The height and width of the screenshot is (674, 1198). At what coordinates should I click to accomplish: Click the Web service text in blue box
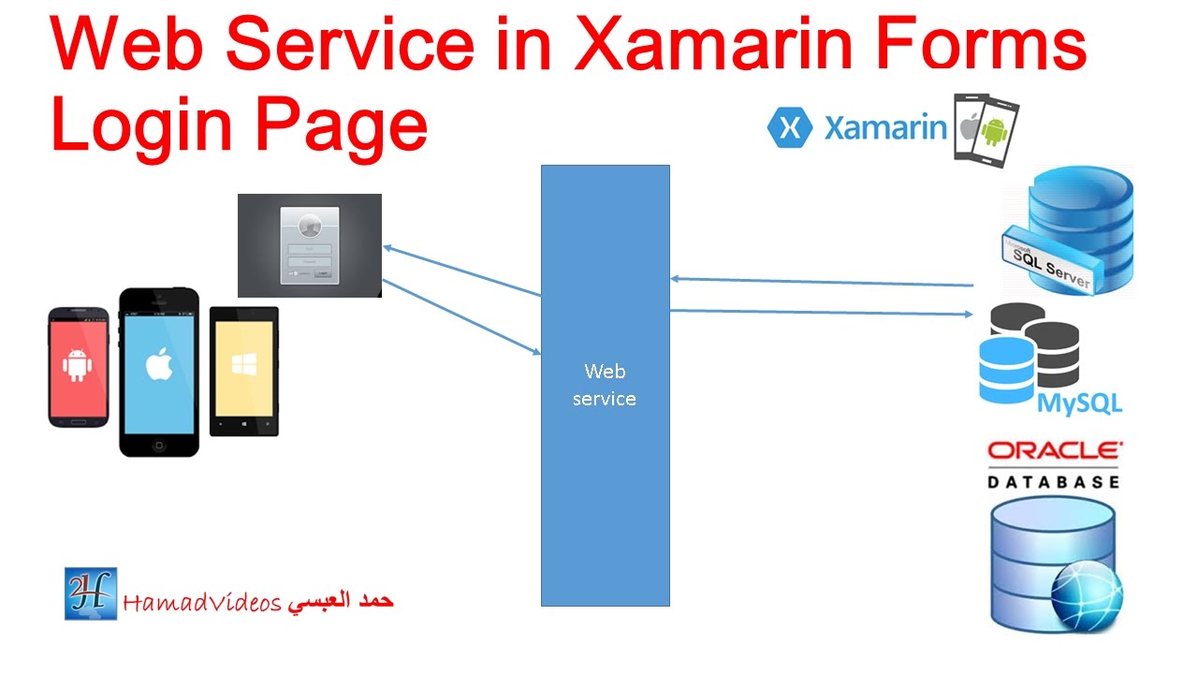(x=605, y=385)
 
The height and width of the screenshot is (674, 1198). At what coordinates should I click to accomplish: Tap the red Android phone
(x=80, y=366)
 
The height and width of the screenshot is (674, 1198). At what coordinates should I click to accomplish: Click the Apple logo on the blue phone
(x=159, y=366)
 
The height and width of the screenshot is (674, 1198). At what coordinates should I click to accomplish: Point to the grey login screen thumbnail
(x=310, y=245)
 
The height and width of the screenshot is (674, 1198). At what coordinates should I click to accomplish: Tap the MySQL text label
(x=1080, y=404)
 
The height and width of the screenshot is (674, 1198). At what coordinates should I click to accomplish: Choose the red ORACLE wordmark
(x=1054, y=451)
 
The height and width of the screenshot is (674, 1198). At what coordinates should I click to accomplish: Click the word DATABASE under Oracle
(x=1054, y=481)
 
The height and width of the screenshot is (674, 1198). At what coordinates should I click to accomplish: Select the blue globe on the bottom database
(x=1086, y=595)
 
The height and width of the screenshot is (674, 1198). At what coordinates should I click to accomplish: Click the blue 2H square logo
(x=91, y=593)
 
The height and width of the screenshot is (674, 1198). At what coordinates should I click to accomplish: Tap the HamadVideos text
(x=202, y=603)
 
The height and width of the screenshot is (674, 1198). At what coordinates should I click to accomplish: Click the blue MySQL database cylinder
(x=1005, y=370)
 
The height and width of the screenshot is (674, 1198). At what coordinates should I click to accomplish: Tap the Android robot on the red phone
(x=78, y=364)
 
